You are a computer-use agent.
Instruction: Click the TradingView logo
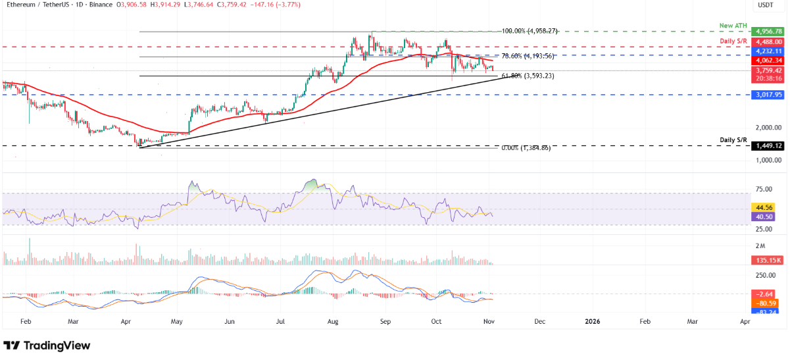47,346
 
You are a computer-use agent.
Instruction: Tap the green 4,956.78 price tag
768,32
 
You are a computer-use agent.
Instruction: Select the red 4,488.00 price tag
768,41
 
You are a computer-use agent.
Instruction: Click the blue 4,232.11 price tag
768,51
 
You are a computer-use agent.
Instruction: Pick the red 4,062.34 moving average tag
768,61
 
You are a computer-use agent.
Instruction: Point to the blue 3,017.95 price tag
768,95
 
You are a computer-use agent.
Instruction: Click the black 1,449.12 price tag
768,145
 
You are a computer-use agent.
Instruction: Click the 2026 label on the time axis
592,321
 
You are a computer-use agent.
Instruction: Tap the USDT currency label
766,5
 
